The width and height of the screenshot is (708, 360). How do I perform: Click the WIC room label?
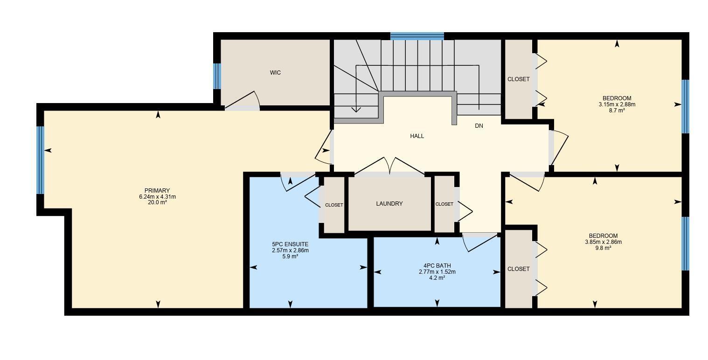pyautogui.click(x=275, y=73)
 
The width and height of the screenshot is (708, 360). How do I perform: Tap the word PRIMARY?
pyautogui.click(x=157, y=191)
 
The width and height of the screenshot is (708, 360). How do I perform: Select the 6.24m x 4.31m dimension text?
pyautogui.click(x=157, y=197)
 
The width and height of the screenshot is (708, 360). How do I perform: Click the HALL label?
pyautogui.click(x=417, y=136)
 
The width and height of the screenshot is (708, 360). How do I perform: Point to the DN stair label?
pyautogui.click(x=479, y=126)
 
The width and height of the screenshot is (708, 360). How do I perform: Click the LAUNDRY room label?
pyautogui.click(x=389, y=204)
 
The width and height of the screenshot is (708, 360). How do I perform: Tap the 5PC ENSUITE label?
pyautogui.click(x=290, y=244)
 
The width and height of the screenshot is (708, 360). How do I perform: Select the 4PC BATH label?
pyautogui.click(x=437, y=266)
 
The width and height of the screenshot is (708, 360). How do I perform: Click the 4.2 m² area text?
pyautogui.click(x=437, y=278)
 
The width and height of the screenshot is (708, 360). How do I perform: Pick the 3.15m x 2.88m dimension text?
pyautogui.click(x=617, y=104)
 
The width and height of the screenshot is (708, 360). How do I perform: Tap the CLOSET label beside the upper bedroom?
pyautogui.click(x=519, y=79)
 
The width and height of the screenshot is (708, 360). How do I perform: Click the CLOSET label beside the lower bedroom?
pyautogui.click(x=519, y=269)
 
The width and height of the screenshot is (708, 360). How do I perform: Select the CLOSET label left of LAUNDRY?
pyautogui.click(x=334, y=205)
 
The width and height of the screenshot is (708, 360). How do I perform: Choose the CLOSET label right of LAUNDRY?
pyautogui.click(x=444, y=204)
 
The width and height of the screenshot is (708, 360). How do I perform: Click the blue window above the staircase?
pyautogui.click(x=417, y=36)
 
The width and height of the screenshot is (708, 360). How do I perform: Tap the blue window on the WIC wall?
pyautogui.click(x=217, y=76)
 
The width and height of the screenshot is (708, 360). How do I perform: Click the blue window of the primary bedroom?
pyautogui.click(x=41, y=160)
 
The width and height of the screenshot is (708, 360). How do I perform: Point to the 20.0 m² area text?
pyautogui.click(x=157, y=203)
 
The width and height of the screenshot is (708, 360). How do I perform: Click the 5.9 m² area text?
pyautogui.click(x=290, y=256)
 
